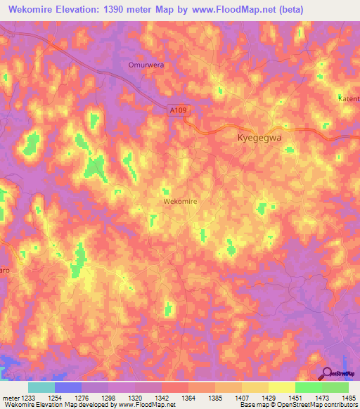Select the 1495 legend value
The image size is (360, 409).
347,398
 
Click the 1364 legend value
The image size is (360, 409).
188,398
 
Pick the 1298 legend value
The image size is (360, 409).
108,398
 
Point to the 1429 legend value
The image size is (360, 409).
268,398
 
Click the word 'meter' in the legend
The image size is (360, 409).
10,398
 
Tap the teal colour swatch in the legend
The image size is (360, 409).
41,387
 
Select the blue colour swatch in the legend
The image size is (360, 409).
67,387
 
